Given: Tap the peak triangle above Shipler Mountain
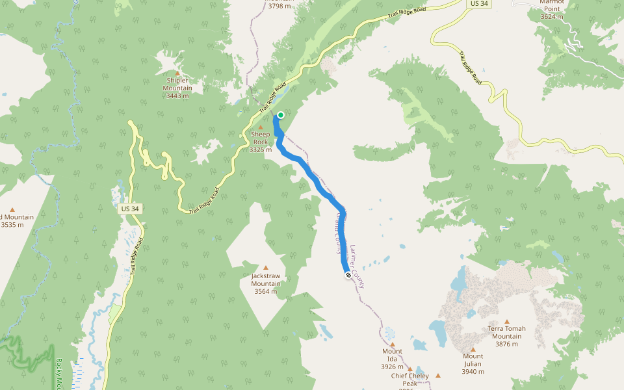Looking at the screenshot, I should (177, 73).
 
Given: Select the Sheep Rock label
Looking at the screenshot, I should (260, 138).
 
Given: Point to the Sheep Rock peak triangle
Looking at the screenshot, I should (261, 127).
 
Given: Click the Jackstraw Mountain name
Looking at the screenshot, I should (266, 279).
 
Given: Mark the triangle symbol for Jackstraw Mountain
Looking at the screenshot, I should (265, 268).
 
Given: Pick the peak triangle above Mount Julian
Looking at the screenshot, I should (473, 349).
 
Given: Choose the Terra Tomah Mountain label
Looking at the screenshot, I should (507, 332).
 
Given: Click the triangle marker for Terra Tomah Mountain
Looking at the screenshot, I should (507, 321).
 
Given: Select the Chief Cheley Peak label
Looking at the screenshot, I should (409, 376).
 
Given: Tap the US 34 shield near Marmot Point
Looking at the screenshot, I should (478, 4).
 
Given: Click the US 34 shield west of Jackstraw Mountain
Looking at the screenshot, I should (130, 209).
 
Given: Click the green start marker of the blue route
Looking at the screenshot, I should (281, 115).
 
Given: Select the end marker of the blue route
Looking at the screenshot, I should (348, 275).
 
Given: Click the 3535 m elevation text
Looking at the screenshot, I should (12, 225).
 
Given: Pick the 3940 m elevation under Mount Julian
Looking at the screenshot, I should (473, 372).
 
